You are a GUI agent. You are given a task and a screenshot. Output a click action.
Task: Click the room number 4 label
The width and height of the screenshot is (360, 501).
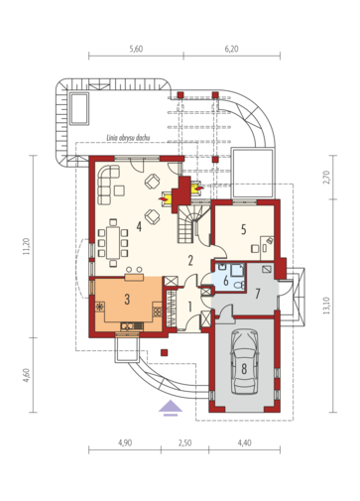[x=139, y=226]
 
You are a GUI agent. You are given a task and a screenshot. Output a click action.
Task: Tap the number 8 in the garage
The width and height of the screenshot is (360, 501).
[x=244, y=368]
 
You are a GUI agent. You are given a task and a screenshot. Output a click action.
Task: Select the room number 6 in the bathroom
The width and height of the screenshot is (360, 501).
[x=226, y=281]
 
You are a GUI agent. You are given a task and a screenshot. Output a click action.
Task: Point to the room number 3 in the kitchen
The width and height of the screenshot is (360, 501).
[x=127, y=300]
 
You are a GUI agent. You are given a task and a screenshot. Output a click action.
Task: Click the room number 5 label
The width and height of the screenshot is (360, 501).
[x=244, y=229]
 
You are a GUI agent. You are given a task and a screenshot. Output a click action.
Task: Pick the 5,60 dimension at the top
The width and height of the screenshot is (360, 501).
[x=136, y=49]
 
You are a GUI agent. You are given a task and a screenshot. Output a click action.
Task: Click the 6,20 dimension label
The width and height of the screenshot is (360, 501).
[x=231, y=49]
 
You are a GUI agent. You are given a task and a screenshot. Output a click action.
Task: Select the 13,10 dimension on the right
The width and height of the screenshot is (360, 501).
[x=326, y=306]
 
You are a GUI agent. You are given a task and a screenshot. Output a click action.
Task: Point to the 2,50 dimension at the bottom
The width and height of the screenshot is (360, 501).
[x=184, y=442]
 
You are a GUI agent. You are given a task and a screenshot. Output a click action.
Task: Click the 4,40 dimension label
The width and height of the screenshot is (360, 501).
[x=244, y=442]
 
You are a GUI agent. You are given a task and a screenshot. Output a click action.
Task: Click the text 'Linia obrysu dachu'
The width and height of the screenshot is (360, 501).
[x=128, y=138]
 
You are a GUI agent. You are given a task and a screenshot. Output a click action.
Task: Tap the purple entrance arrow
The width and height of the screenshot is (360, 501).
[x=171, y=408]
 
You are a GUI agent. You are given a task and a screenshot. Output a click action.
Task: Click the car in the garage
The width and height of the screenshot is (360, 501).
[x=245, y=361]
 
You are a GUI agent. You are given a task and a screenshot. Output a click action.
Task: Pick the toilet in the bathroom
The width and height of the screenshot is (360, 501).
[x=239, y=285]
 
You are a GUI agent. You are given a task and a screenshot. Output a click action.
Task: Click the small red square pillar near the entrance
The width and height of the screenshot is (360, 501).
[x=165, y=352]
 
